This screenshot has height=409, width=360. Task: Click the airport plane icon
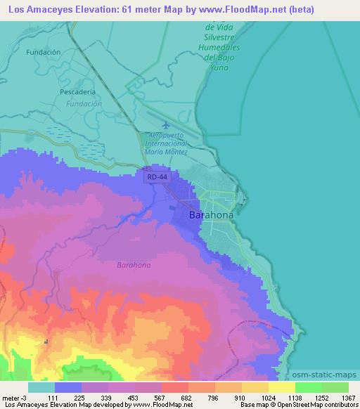click(165, 124)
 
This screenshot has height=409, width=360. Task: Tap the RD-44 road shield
click(157, 178)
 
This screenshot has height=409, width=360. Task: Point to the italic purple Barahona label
click(134, 266)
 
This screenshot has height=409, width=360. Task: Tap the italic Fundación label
click(84, 103)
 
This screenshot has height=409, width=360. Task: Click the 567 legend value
click(162, 397)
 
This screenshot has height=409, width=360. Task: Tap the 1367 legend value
click(349, 397)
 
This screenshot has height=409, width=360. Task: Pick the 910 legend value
click(242, 397)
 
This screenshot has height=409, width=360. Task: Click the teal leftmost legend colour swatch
click(41, 387)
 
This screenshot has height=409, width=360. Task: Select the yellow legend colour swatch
click(282, 387)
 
